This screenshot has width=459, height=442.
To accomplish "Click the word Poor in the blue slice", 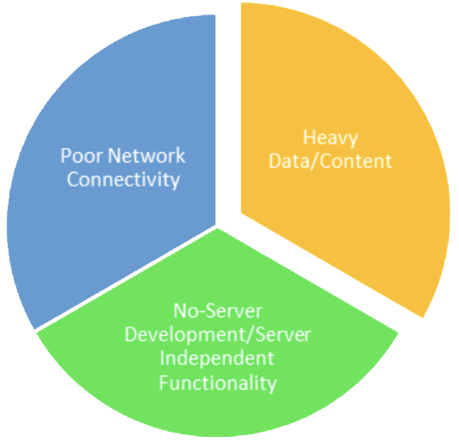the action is pos(82,156).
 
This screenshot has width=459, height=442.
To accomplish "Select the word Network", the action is pos(147,156).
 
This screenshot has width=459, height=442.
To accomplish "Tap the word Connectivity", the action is pos(123,180).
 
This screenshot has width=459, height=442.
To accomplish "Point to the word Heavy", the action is pos(330,138).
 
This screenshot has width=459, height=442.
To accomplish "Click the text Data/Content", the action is pos(330,161).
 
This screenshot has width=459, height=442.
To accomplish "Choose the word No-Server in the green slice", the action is pos(218,310).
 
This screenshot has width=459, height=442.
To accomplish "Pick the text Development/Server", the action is pos(218,334).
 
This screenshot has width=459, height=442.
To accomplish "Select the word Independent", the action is pos(217,358).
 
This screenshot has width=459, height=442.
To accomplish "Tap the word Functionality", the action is pos(218,382).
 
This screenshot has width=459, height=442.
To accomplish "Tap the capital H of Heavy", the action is pos(309,138).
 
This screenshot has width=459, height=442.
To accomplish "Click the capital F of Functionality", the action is pos(163,382).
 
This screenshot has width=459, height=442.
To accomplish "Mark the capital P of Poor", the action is pos(66,156).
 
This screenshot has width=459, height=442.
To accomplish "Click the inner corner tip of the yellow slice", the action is pos(241,213).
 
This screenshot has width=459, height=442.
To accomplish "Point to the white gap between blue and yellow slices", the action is pos(228,117).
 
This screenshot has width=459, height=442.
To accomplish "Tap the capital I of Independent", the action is pos(162,358).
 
